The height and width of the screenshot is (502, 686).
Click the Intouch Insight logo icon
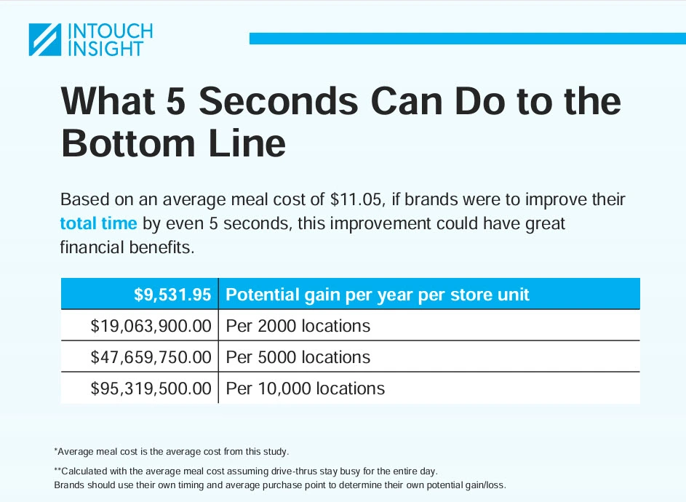pyautogui.click(x=44, y=40)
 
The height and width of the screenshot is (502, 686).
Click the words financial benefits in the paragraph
pyautogui.click(x=127, y=247)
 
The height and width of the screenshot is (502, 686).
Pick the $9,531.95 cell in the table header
pyautogui.click(x=172, y=295)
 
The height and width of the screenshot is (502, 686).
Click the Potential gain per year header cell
pyautogui.click(x=378, y=295)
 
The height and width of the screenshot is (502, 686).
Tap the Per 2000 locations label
pyautogui.click(x=298, y=326)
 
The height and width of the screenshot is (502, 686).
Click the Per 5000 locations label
pyautogui.click(x=298, y=357)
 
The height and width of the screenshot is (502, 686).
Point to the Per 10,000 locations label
pyautogui.click(x=305, y=389)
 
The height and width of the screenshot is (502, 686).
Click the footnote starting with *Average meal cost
pyautogui.click(x=172, y=451)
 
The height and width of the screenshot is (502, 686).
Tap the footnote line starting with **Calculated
pyautogui.click(x=246, y=471)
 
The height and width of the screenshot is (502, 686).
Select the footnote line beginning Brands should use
pyautogui.click(x=279, y=485)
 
